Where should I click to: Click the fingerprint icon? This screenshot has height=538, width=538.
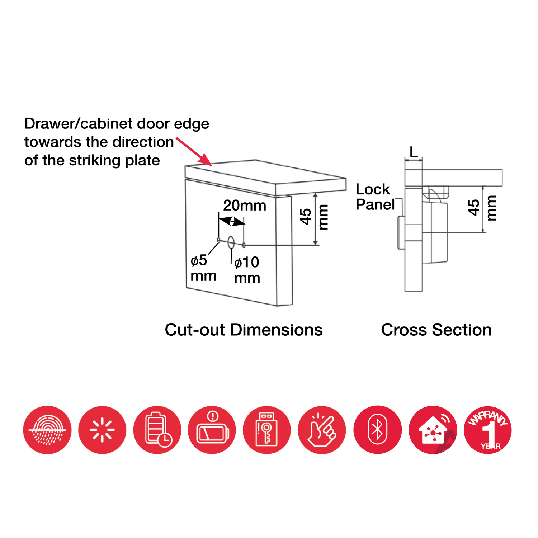click(47, 430)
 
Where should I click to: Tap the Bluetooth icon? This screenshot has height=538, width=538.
click(378, 430)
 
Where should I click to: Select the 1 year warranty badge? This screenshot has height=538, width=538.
click(488, 430)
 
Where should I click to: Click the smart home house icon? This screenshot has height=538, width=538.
click(433, 430)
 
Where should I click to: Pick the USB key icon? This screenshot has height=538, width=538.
click(267, 430)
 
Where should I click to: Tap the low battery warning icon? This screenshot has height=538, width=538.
click(212, 430)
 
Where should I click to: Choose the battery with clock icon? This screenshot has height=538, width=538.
click(157, 430)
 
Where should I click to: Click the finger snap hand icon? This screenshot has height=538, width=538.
click(322, 430)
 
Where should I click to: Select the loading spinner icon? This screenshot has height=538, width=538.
click(102, 430)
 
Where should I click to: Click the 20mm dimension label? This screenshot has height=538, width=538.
click(245, 206)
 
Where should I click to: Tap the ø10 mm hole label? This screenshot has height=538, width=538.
click(247, 270)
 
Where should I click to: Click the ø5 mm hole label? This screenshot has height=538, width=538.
click(203, 268)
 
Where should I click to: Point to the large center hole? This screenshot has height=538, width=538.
click(231, 243)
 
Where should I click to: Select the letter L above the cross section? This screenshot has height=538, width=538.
click(414, 152)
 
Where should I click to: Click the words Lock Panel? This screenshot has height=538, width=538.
click(375, 197)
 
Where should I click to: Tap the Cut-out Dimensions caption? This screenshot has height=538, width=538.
click(244, 330)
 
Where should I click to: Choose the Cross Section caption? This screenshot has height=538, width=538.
click(436, 330)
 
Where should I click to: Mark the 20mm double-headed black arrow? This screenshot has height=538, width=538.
click(232, 221)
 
